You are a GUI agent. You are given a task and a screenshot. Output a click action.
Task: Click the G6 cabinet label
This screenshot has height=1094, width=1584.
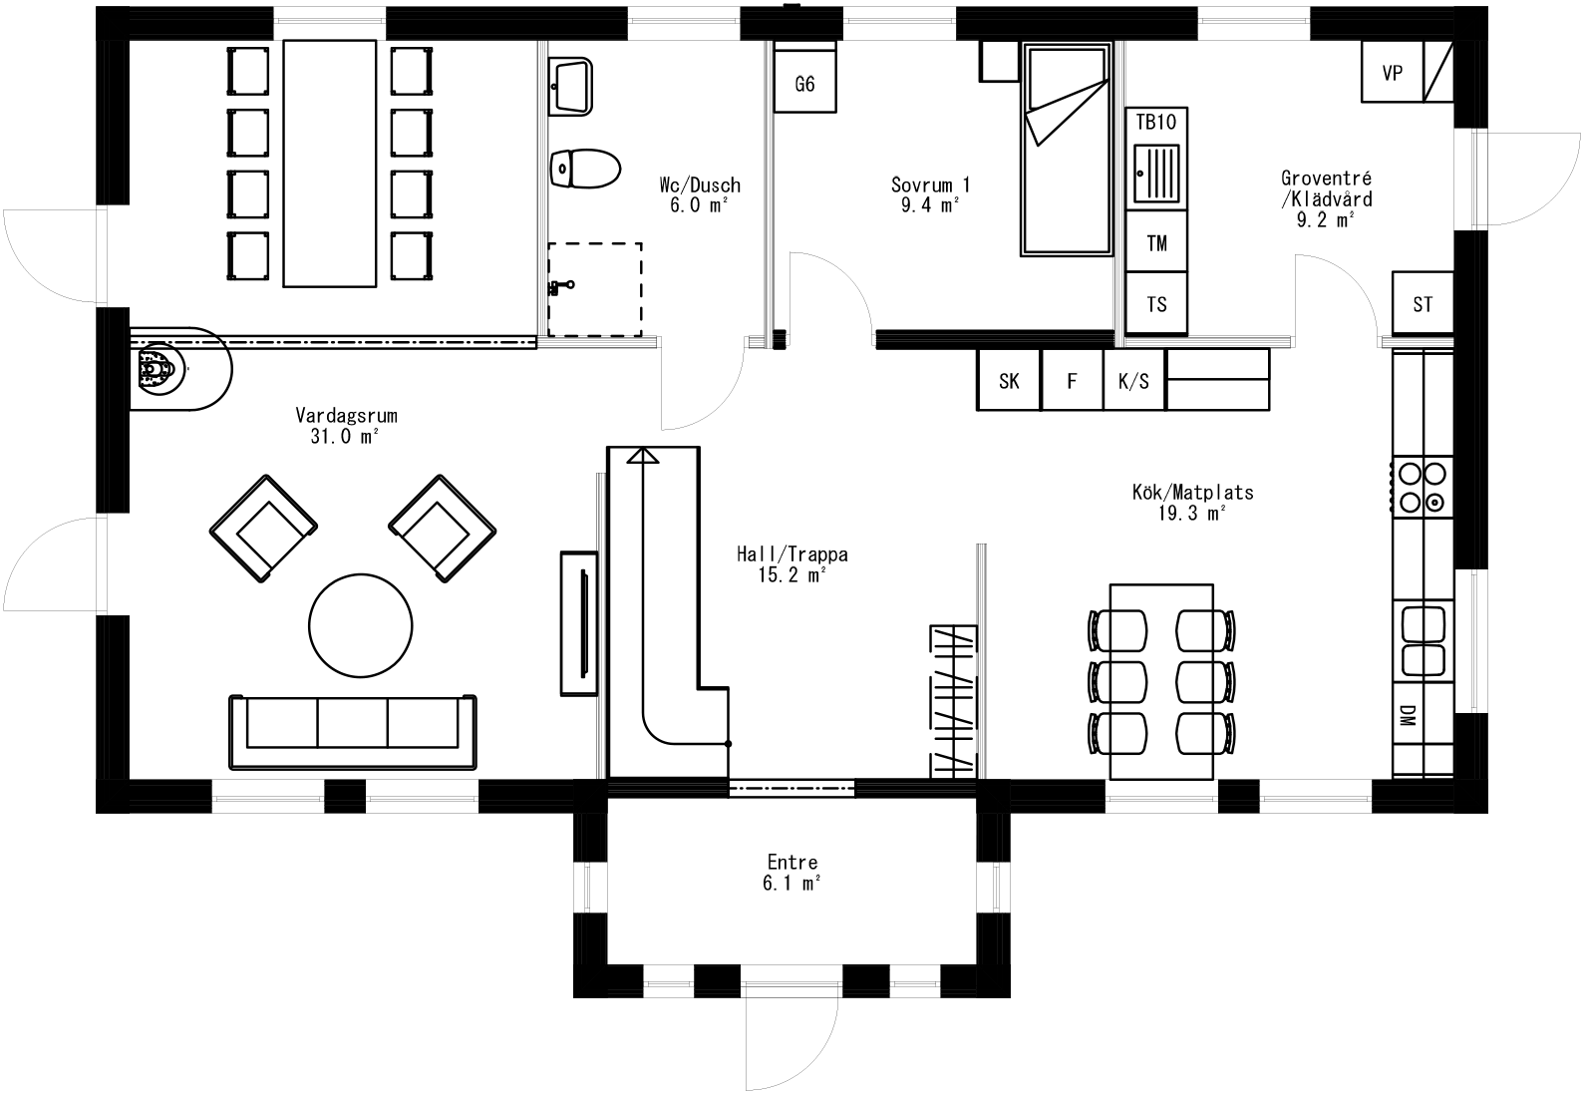[804, 85]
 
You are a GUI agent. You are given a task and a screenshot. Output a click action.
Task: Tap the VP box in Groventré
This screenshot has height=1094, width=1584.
[1393, 73]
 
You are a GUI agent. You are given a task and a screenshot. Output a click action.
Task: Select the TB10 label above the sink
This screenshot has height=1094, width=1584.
[1156, 123]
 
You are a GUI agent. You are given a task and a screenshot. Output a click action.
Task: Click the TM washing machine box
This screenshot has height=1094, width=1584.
[1156, 243]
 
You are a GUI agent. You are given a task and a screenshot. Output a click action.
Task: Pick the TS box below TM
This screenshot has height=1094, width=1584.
[1156, 304]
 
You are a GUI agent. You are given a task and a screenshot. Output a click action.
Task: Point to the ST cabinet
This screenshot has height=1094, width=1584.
[1423, 304]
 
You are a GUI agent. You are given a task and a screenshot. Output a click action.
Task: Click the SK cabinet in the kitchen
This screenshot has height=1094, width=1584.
[1009, 381]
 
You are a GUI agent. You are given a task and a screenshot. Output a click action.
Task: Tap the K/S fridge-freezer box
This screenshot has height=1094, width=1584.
[1133, 381]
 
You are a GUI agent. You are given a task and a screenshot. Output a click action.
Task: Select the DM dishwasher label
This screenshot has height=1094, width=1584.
[1408, 715]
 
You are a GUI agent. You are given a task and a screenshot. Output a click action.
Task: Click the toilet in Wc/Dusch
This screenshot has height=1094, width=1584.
[585, 169]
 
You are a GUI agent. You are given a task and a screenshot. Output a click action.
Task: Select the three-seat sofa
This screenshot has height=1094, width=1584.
[353, 731]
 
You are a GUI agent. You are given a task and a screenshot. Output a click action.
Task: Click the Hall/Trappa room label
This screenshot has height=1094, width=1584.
[792, 554]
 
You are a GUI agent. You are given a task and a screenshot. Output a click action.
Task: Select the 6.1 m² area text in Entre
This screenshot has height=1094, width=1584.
[792, 883]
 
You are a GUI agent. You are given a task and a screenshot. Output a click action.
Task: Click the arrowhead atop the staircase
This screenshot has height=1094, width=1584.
[643, 456]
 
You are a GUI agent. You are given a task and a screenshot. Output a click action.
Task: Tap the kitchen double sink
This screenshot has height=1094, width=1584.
[1423, 641]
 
